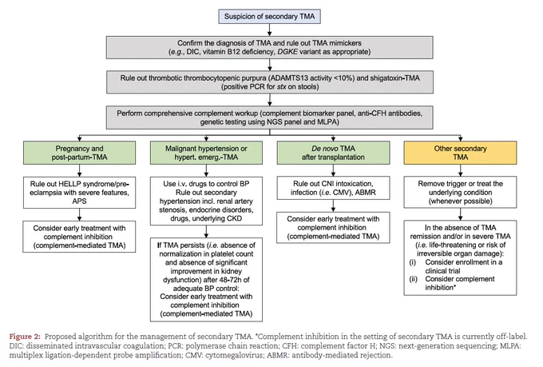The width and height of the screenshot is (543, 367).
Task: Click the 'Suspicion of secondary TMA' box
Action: click(269, 16)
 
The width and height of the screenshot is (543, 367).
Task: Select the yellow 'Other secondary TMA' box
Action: click(460, 153)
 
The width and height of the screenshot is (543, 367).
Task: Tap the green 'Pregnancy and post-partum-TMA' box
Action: click(79, 153)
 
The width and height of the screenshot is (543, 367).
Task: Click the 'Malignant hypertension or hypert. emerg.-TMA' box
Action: click(206, 153)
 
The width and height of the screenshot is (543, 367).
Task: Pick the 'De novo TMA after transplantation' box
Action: click(333, 153)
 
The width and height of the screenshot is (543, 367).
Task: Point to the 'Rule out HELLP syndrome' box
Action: click(79, 193)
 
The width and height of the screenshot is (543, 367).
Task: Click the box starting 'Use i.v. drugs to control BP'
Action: click(206, 201)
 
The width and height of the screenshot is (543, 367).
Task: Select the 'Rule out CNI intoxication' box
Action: click(333, 188)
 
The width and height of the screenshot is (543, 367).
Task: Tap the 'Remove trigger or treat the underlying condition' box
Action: click(460, 192)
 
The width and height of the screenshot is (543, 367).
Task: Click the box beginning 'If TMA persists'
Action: click(206, 280)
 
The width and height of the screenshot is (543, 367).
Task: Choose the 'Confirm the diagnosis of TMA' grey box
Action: click(269, 47)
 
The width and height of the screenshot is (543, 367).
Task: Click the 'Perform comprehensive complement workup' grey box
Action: click(269, 118)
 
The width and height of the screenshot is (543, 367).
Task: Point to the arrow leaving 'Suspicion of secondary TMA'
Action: click(269, 30)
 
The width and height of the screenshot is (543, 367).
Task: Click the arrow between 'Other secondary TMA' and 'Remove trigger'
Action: click(460, 170)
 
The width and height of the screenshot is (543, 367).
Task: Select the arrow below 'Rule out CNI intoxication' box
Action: click(333, 205)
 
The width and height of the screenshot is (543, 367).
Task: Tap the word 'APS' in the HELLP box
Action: click(79, 201)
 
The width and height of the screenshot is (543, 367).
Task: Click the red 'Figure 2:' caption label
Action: click(25, 337)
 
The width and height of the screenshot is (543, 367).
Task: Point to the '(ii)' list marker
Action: click(414, 279)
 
